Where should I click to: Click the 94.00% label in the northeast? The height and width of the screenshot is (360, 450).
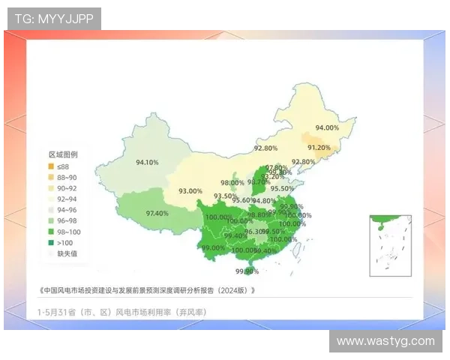click(x=327, y=128)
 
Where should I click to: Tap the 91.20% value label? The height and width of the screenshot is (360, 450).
click(x=319, y=148)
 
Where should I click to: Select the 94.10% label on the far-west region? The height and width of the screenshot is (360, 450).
click(x=147, y=162)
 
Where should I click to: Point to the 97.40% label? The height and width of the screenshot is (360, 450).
click(x=157, y=214)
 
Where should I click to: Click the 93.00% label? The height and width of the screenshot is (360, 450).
click(x=190, y=191)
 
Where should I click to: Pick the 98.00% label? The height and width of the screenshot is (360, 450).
click(x=232, y=183)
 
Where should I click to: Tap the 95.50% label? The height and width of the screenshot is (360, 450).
click(x=282, y=188)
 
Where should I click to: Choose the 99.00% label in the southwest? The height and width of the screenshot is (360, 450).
click(x=213, y=248)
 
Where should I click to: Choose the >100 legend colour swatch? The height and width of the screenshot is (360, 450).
click(x=51, y=242)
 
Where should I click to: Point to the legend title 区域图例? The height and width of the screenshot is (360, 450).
click(x=63, y=154)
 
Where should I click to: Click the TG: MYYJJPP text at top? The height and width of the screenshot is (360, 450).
click(x=54, y=19)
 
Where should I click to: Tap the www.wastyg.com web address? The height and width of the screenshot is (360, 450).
click(x=385, y=341)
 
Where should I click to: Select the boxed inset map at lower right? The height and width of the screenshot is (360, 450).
click(x=391, y=245)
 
